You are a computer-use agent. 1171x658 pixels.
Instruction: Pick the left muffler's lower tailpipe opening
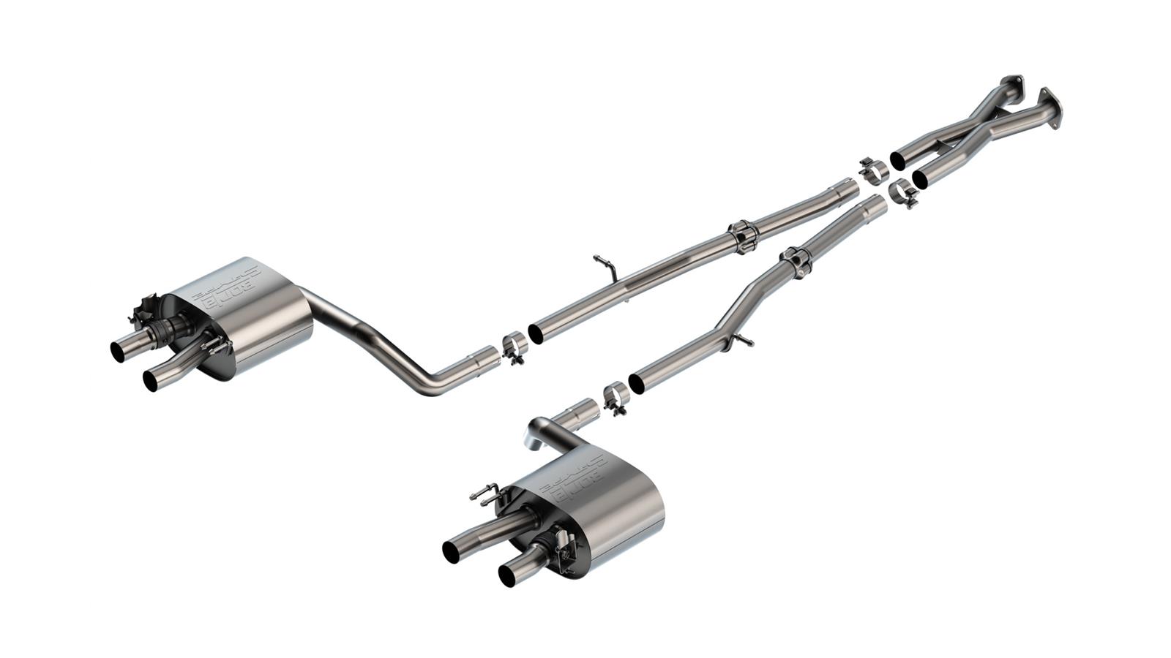pyautogui.click(x=151, y=380)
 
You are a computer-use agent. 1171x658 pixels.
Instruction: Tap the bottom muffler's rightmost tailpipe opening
pyautogui.click(x=507, y=575)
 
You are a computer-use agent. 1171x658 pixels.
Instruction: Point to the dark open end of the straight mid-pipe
pyautogui.click(x=536, y=333)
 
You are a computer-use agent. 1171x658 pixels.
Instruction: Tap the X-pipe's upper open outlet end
pyautogui.click(x=897, y=160)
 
